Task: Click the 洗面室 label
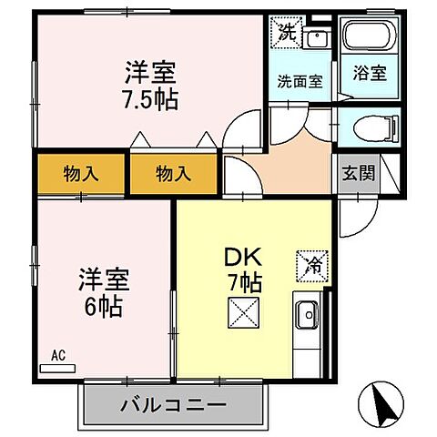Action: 300,80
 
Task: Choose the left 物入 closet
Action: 82,173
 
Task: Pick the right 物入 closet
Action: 173,173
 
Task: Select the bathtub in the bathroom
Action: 369,38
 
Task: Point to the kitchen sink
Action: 308,316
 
